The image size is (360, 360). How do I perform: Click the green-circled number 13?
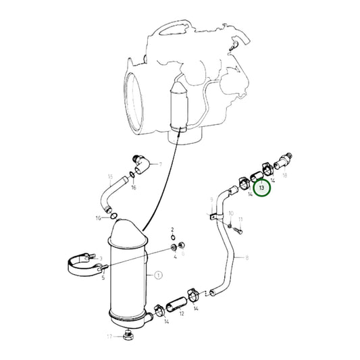[261, 186]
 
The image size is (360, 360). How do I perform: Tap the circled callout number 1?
[159, 275]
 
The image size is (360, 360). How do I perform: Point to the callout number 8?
[247, 257]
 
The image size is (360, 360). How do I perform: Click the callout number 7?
[160, 164]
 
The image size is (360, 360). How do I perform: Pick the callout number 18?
[284, 175]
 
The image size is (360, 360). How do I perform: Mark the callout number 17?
[109, 336]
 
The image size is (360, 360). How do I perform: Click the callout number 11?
[240, 220]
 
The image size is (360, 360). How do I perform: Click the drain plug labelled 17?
[130, 334]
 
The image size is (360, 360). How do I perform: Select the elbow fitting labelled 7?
[143, 163]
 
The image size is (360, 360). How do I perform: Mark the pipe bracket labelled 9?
[213, 217]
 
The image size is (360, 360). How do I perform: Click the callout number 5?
[104, 276]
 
